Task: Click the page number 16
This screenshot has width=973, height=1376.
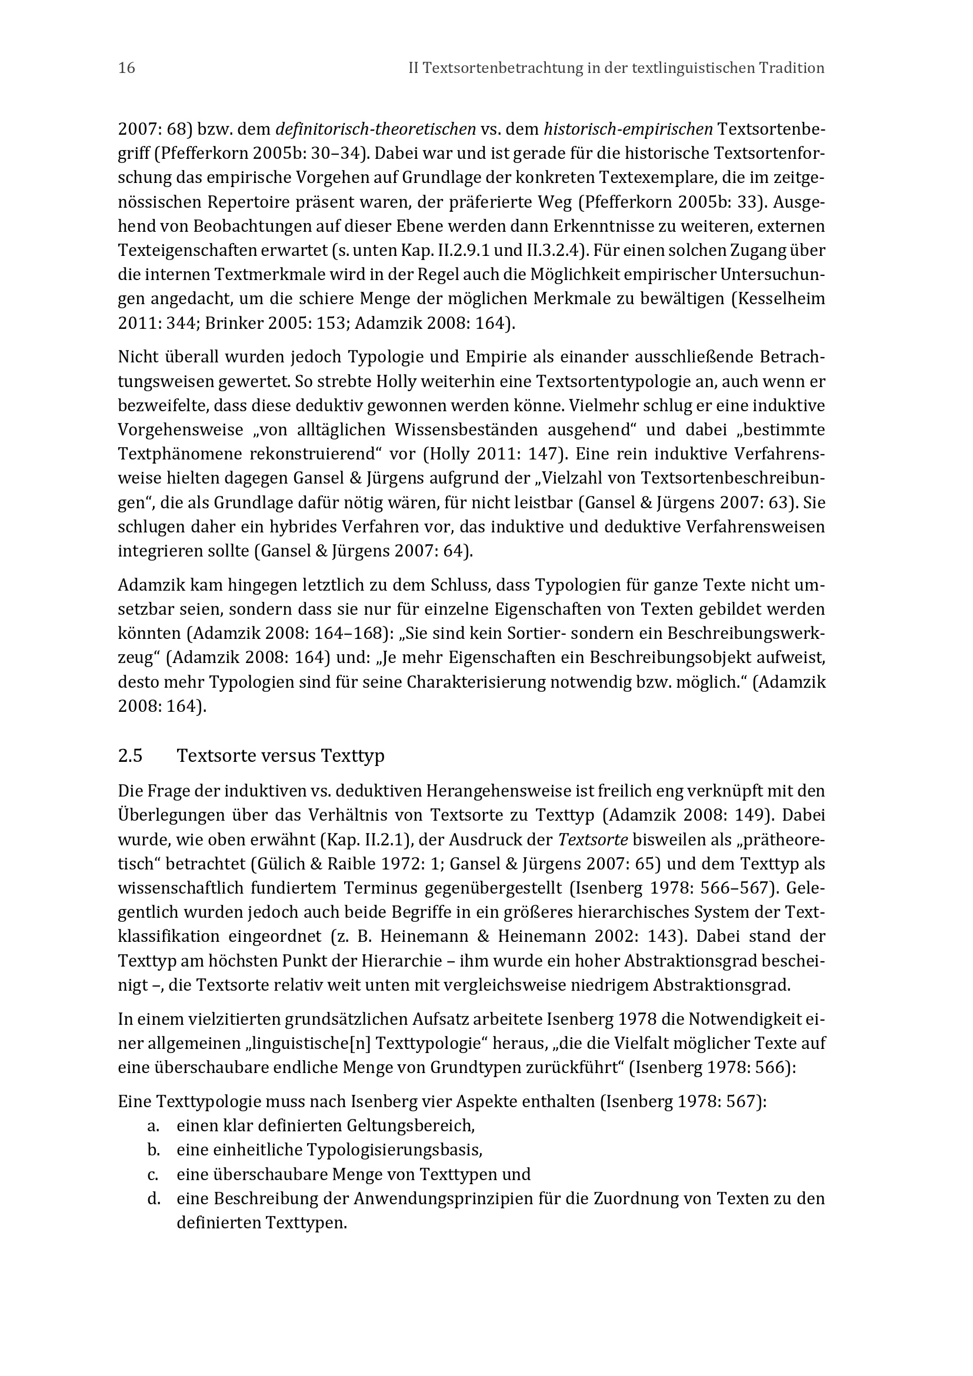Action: click(x=127, y=68)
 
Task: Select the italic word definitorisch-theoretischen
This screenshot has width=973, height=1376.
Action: click(x=376, y=129)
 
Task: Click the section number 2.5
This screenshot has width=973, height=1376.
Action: click(x=130, y=756)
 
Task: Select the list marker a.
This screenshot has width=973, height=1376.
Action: click(x=153, y=1126)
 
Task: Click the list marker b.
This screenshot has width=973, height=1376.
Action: click(x=153, y=1150)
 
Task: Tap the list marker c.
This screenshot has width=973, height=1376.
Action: click(x=153, y=1174)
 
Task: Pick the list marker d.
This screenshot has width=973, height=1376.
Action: click(x=153, y=1198)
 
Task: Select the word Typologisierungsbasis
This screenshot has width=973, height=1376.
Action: click(x=394, y=1150)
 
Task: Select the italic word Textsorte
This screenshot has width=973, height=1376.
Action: click(x=592, y=840)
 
